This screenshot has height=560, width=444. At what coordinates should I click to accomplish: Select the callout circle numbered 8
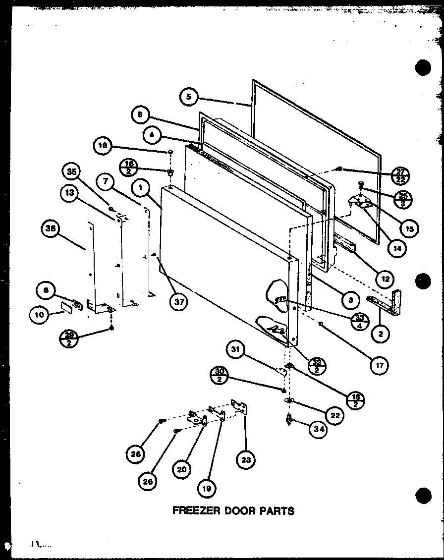coord(141,115)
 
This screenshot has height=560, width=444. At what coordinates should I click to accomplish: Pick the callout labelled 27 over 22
coord(400,174)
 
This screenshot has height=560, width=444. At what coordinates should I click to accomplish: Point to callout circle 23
coord(246,460)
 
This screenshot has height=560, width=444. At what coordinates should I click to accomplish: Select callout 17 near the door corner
coord(379,365)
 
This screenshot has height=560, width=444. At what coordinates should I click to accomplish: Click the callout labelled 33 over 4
coord(359,322)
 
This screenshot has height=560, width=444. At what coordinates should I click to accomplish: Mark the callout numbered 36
coord(51,228)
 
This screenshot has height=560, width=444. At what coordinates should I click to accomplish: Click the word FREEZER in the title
coord(193,510)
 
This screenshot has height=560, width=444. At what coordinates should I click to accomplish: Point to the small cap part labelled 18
coord(170,151)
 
